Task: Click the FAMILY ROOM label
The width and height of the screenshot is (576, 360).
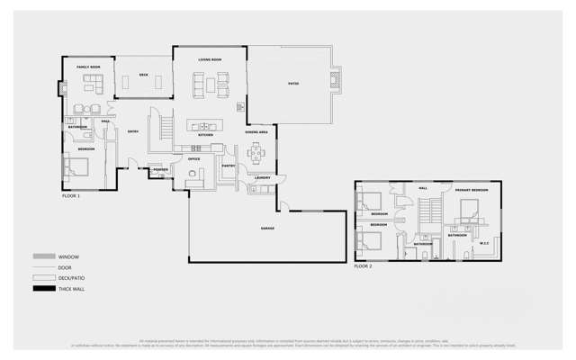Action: (x=88, y=67)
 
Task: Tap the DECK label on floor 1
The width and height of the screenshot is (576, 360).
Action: (x=143, y=75)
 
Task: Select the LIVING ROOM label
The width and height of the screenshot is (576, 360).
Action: (x=210, y=60)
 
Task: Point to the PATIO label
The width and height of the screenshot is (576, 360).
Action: (x=293, y=84)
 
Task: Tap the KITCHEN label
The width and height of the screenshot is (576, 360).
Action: (x=205, y=135)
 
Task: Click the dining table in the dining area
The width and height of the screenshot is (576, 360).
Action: (x=256, y=152)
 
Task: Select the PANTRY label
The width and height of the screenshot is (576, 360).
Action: (x=229, y=166)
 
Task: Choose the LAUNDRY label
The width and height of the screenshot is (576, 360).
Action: (x=263, y=178)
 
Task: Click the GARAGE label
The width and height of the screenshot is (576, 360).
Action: (x=268, y=228)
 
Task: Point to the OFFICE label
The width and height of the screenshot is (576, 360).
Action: (x=194, y=158)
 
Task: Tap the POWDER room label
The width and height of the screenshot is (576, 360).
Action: (x=160, y=169)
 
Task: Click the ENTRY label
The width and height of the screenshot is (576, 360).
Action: (x=132, y=132)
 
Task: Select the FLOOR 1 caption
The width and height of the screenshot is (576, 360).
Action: (x=71, y=195)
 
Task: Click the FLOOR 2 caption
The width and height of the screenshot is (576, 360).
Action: (x=363, y=266)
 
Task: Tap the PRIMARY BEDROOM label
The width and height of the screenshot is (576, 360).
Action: (x=472, y=190)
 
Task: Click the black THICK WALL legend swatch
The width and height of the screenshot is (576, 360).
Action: (x=44, y=289)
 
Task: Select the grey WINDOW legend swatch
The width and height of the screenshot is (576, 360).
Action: (x=44, y=256)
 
